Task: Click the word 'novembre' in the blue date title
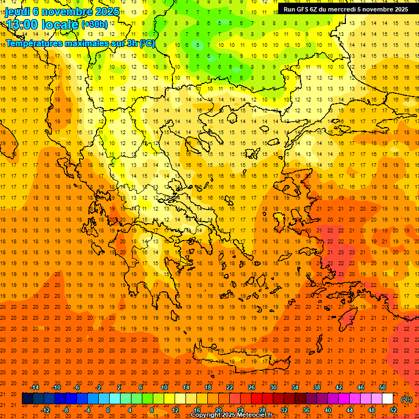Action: (x=66, y=11)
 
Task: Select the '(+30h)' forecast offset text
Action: (x=94, y=24)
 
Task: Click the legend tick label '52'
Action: (x=394, y=410)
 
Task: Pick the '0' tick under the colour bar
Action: (x=108, y=410)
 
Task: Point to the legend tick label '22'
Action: (x=230, y=387)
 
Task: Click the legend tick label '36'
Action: (x=306, y=410)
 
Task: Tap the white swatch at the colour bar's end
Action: (x=387, y=398)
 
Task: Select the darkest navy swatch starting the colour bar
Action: (x=27, y=398)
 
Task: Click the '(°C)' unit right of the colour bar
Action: (x=406, y=399)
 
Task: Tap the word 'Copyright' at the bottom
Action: (x=206, y=415)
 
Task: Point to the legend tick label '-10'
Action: (x=56, y=387)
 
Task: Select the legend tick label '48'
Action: (x=372, y=410)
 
